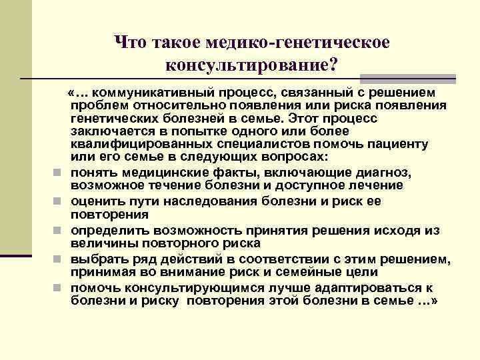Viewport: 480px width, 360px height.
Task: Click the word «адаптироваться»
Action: coord(365,288)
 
